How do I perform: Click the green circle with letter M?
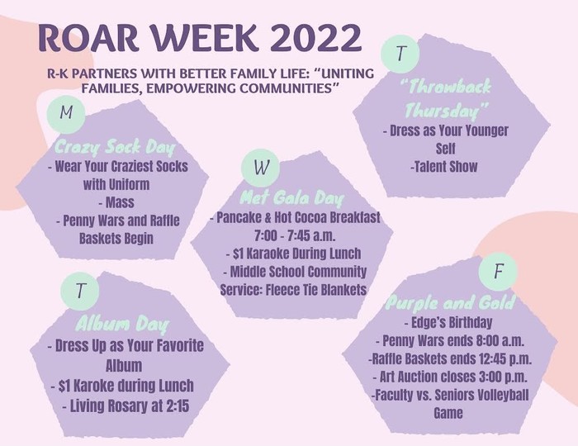tap(66, 111)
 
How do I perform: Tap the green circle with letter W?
tap(261, 168)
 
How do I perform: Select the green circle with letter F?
tap(498, 272)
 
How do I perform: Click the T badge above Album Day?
tap(80, 291)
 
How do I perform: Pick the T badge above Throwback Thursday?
tap(400, 54)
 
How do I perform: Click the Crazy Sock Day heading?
tap(114, 148)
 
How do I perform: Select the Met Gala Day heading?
tap(291, 198)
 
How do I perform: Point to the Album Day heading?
tap(122, 325)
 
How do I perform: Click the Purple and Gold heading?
tap(450, 303)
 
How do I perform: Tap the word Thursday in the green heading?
tap(447, 110)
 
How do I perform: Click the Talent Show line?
tap(444, 167)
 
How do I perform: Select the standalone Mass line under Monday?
tap(116, 202)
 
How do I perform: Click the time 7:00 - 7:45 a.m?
tap(295, 235)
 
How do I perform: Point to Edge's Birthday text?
tap(448, 322)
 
